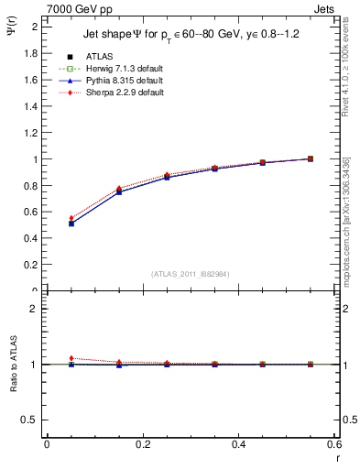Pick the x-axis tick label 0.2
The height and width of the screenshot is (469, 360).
click(x=142, y=444)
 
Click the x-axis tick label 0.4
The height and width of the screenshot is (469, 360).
click(x=238, y=444)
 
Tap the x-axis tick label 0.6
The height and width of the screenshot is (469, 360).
click(x=333, y=444)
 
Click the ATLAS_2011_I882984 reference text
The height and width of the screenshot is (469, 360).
click(x=191, y=274)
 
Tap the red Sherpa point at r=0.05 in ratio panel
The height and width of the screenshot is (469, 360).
click(x=47, y=358)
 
